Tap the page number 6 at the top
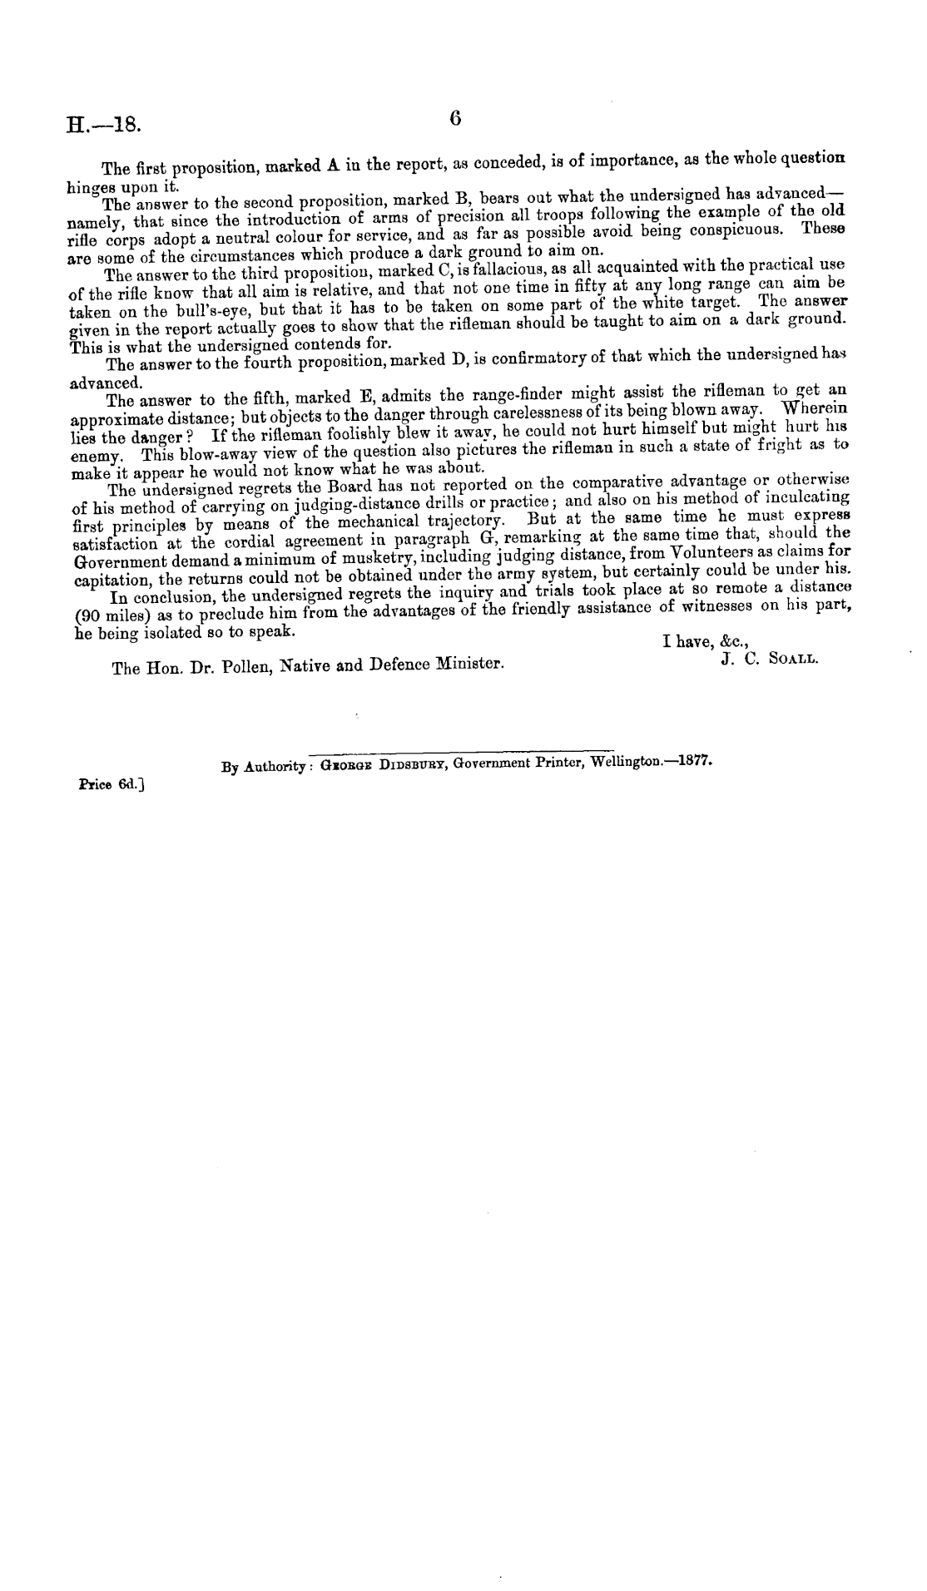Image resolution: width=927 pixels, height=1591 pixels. [x=454, y=118]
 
